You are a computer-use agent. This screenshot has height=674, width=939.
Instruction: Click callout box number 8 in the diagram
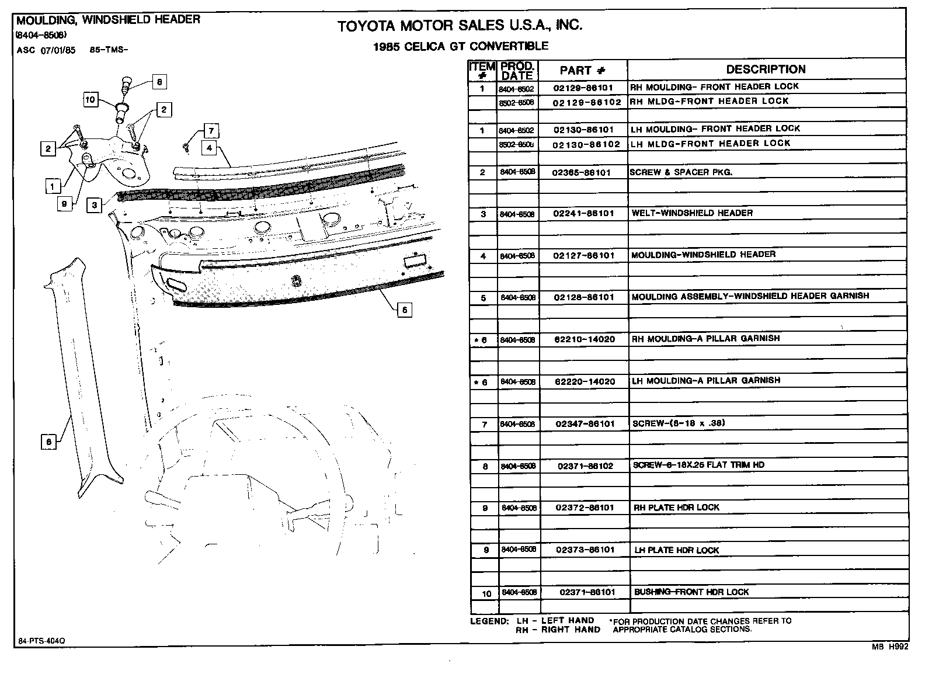(159, 82)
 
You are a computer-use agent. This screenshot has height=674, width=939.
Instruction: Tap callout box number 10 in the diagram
(90, 100)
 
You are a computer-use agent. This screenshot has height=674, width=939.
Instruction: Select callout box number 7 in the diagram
(211, 131)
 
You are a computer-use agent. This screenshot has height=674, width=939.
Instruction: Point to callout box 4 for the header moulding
(210, 148)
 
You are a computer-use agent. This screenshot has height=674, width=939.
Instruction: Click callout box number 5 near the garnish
(405, 310)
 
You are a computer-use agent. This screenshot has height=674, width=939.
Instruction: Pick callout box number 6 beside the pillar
(49, 442)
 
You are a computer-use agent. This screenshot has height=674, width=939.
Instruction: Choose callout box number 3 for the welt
(95, 205)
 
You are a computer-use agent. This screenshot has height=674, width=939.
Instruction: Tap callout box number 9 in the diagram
(65, 203)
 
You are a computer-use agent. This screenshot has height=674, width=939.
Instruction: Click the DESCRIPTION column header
(766, 70)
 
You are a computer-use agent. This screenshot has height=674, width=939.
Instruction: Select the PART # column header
(582, 71)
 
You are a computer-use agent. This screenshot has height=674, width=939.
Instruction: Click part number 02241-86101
(583, 214)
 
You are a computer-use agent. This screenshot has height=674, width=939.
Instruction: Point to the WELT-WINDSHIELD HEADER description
(692, 213)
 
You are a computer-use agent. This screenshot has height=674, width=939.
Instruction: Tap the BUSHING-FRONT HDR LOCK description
(691, 592)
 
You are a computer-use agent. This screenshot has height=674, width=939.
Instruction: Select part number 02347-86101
(585, 424)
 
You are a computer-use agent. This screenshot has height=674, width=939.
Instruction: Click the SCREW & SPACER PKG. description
(680, 172)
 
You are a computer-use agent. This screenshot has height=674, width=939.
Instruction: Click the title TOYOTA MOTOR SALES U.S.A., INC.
(460, 25)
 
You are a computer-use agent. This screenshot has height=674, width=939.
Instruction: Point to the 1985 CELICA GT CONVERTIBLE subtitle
(461, 46)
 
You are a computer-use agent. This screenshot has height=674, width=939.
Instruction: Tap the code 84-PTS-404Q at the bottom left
(41, 641)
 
